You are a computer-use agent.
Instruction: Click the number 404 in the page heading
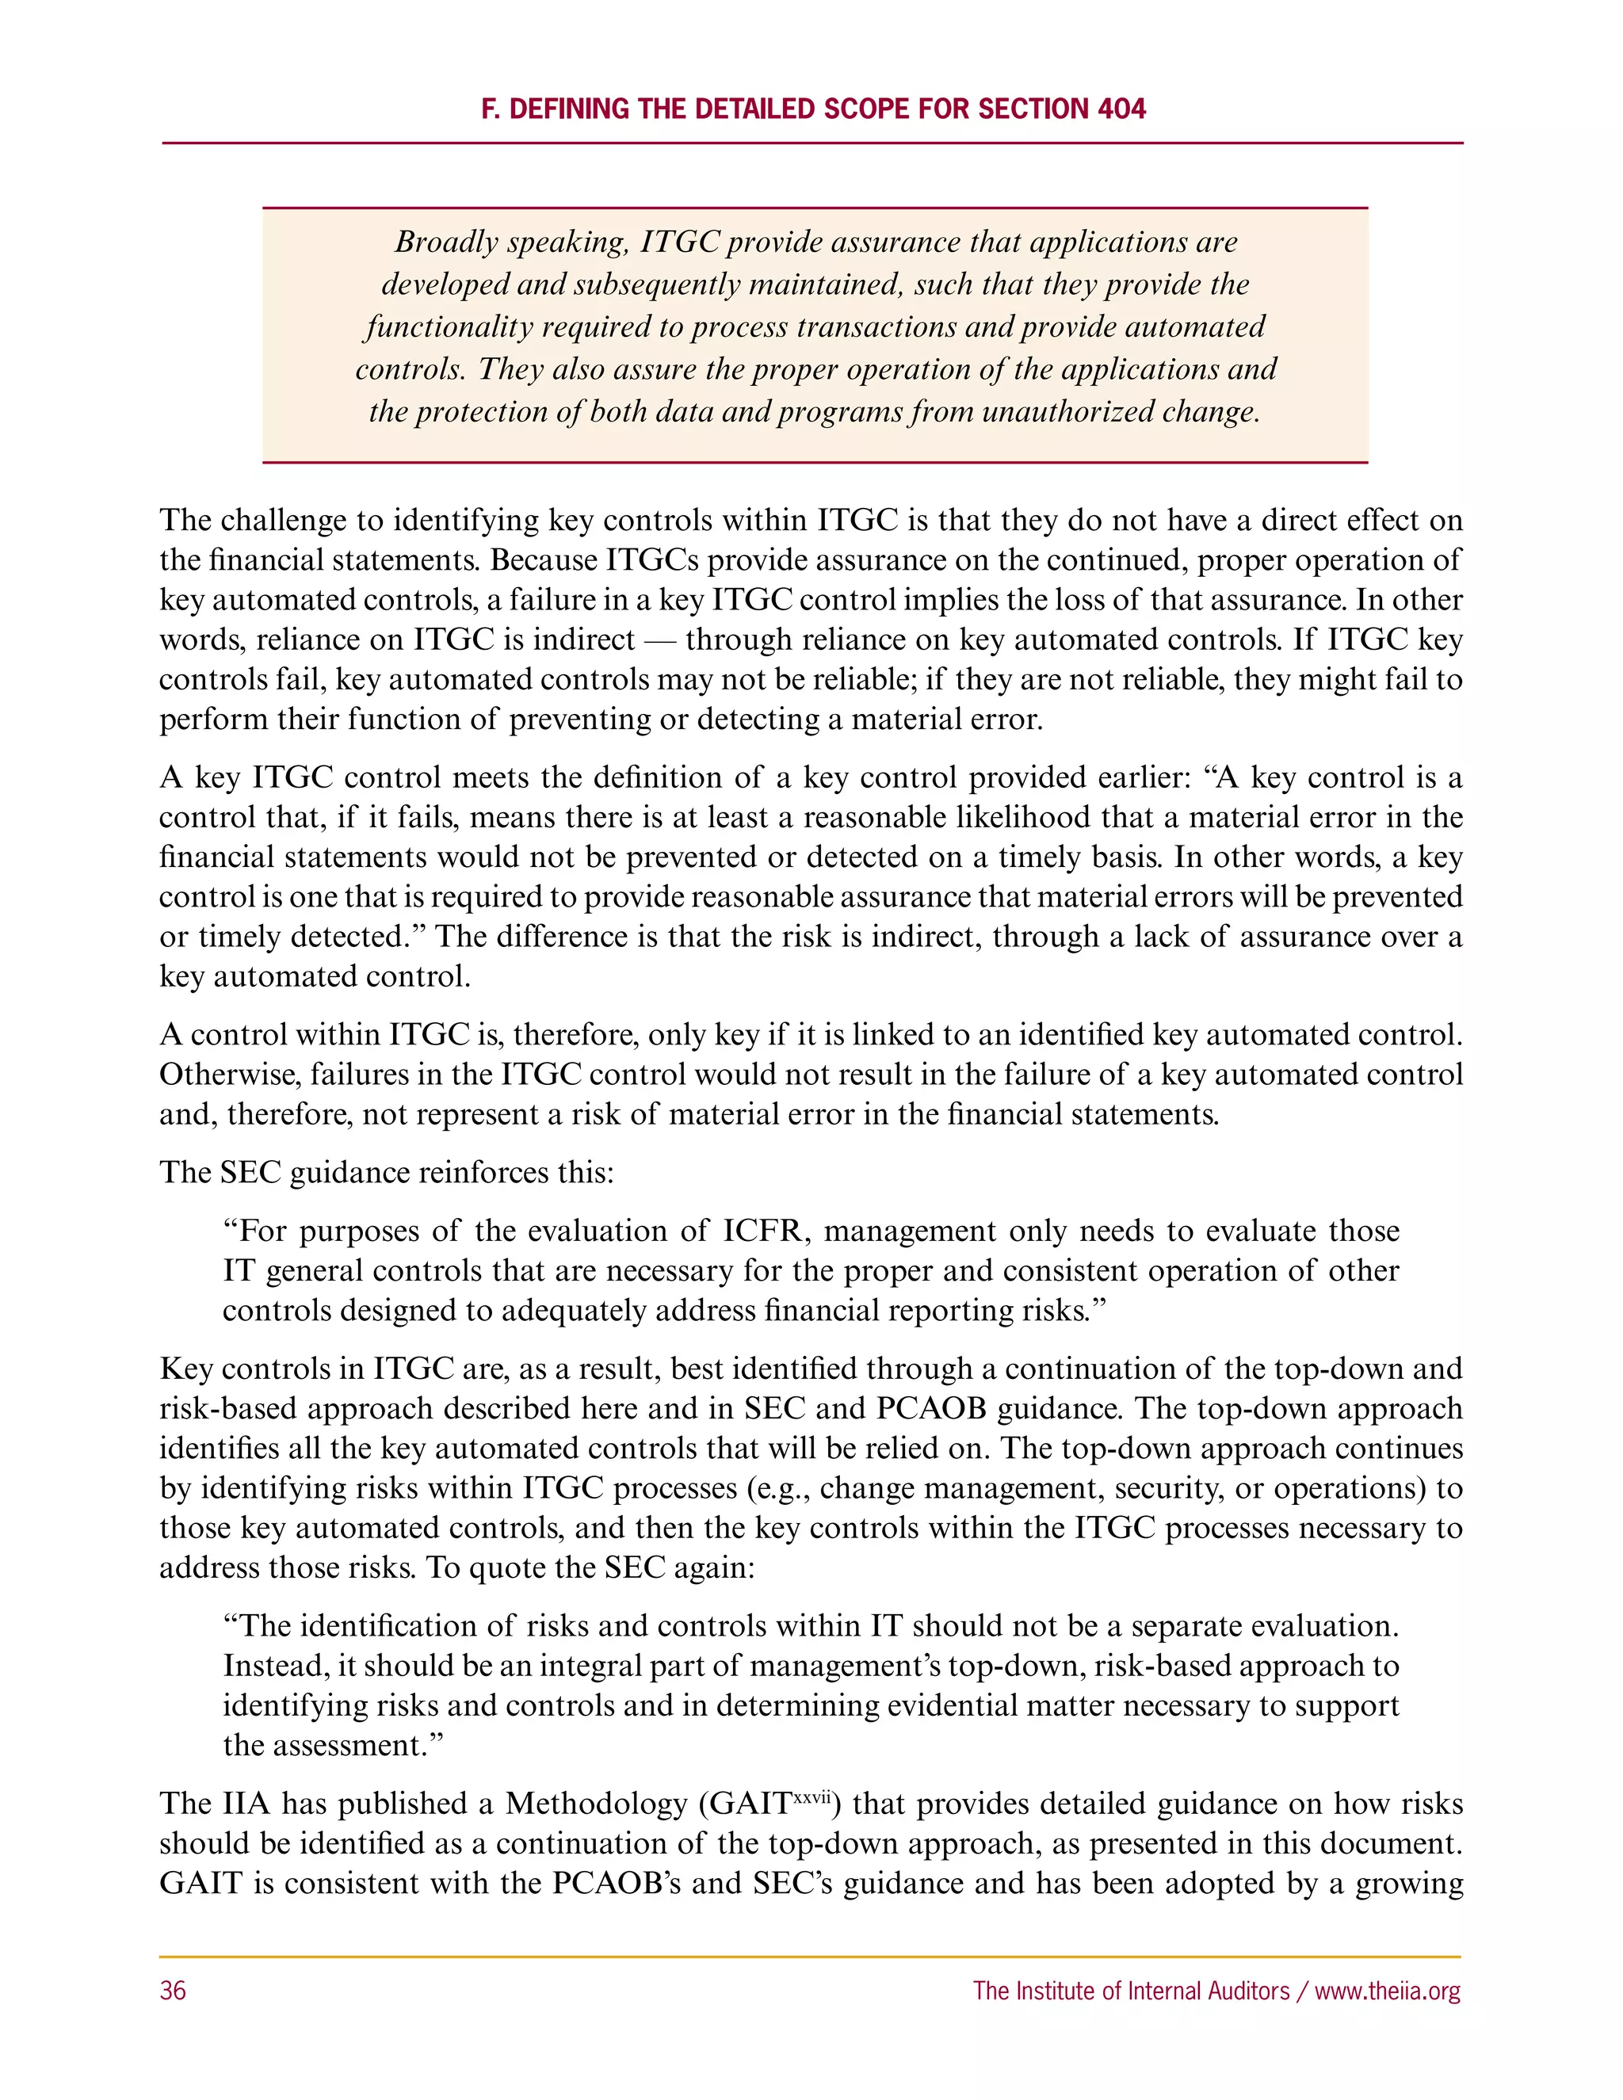(1120, 109)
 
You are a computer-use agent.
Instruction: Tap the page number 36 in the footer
(173, 1991)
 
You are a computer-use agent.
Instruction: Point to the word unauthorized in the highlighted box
(1061, 411)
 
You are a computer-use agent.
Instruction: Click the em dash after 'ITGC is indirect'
(659, 640)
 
